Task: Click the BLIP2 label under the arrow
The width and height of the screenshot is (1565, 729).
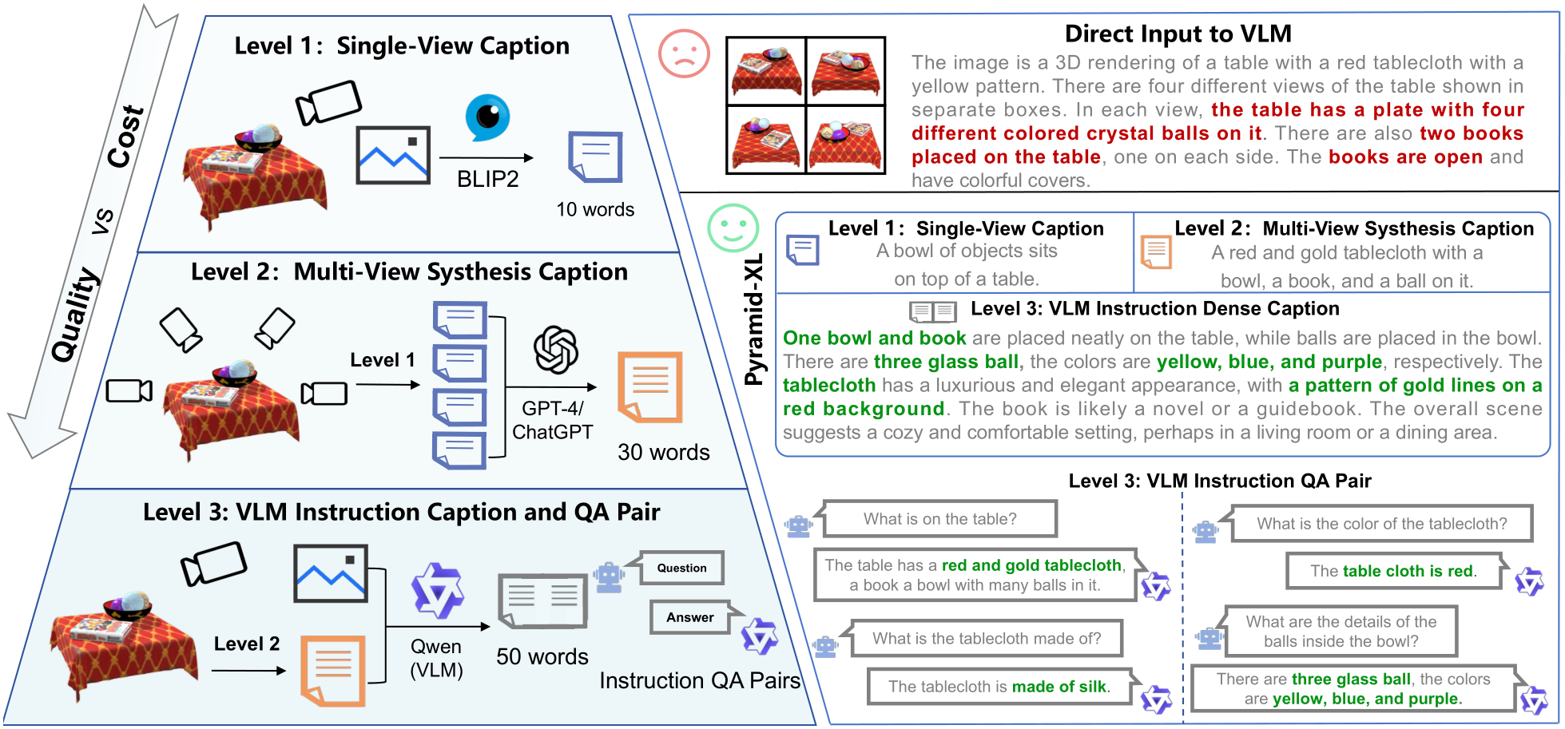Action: point(487,179)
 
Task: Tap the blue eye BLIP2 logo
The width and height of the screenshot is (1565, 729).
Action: point(487,117)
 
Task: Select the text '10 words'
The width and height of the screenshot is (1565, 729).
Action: point(595,209)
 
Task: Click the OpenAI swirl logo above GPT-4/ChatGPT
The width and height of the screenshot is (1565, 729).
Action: point(556,350)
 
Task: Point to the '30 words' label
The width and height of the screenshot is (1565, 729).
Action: point(663,452)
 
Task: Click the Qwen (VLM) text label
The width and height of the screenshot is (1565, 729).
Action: point(436,658)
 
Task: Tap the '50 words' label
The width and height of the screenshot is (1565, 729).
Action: point(542,656)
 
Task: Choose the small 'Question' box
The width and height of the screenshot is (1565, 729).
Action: point(681,568)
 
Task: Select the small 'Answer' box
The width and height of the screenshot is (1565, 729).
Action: point(690,617)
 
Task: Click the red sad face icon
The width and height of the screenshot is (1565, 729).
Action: point(684,53)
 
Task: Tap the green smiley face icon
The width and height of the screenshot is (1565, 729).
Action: point(733,228)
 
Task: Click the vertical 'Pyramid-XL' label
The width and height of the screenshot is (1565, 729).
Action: point(753,319)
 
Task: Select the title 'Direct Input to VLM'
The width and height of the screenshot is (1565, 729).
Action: point(1178,34)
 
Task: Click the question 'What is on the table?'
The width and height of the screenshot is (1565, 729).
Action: point(939,519)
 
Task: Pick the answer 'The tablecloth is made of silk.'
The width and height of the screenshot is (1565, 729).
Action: point(999,687)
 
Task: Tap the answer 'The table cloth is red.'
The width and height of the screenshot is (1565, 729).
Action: point(1393,571)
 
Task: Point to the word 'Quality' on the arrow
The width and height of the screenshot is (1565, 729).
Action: point(76,315)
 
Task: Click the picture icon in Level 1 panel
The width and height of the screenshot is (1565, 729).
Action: point(393,155)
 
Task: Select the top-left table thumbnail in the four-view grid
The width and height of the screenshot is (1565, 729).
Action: point(765,71)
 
